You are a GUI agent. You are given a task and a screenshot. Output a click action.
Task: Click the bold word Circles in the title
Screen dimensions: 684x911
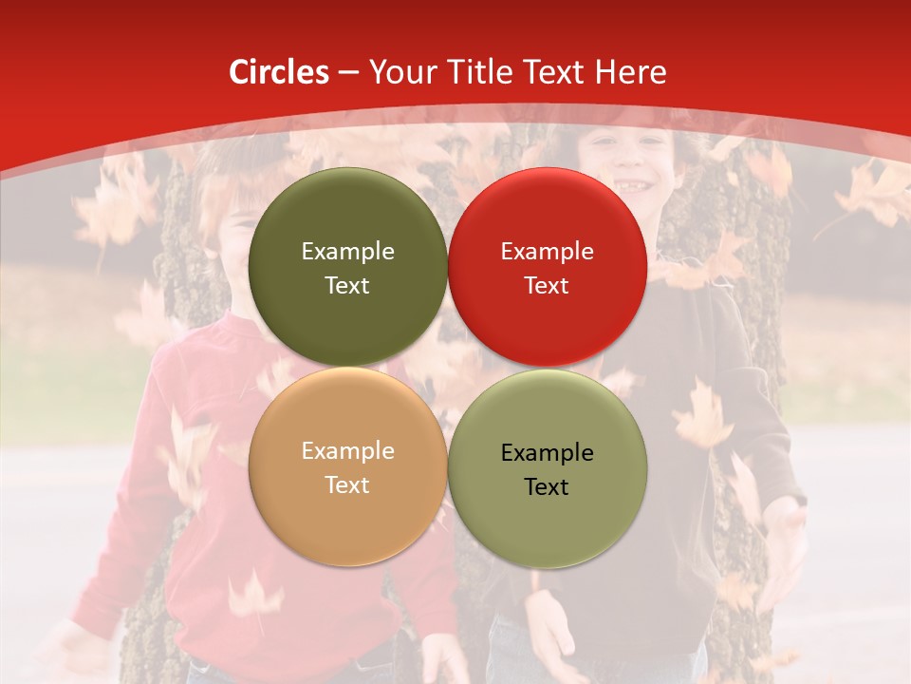278,72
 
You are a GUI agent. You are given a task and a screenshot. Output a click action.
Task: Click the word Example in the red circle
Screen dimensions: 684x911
548,252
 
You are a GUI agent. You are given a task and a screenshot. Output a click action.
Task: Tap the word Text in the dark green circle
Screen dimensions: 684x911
347,286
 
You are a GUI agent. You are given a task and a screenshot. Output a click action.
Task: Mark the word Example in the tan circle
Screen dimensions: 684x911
347,451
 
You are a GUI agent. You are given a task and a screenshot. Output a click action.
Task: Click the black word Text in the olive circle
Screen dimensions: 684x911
548,487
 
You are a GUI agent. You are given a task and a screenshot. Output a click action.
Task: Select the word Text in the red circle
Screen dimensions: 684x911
548,286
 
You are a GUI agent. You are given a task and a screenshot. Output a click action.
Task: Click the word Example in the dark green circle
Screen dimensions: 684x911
347,252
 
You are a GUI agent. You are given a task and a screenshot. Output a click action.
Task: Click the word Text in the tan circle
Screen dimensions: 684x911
347,485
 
